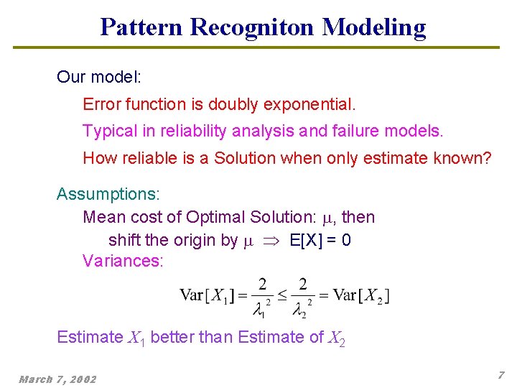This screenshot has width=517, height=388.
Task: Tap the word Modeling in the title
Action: coord(374,27)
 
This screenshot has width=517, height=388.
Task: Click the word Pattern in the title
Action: coord(141,27)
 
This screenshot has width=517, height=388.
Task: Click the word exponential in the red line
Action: coord(309,104)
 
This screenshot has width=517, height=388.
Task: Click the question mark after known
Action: coord(488,158)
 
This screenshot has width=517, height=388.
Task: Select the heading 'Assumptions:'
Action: coord(108,194)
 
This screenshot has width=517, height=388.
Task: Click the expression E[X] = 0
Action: coord(320,240)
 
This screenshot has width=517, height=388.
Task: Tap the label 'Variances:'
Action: coord(123,261)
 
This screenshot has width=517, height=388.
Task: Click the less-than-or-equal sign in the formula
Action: coord(282,295)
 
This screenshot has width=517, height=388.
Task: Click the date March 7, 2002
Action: coord(57,379)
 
